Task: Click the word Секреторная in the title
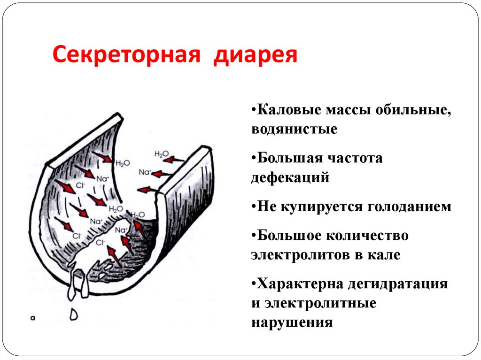[126, 54]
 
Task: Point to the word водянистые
[294, 129]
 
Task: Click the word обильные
[413, 110]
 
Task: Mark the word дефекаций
[290, 178]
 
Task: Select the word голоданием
[409, 207]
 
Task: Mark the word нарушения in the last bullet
[292, 322]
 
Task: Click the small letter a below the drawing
[33, 318]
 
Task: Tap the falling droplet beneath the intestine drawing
[74, 314]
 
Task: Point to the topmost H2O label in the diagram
[162, 153]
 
